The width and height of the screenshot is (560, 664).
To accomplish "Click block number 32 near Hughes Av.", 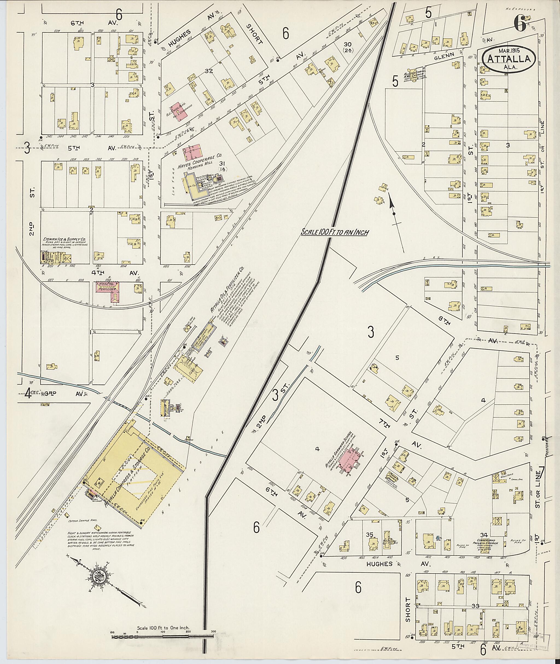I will click(x=209, y=71).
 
